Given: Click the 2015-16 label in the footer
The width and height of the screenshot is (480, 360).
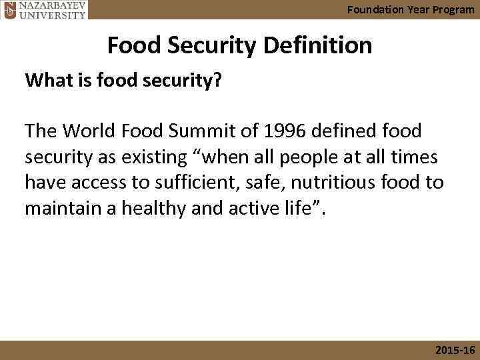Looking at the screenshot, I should pos(454,351).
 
